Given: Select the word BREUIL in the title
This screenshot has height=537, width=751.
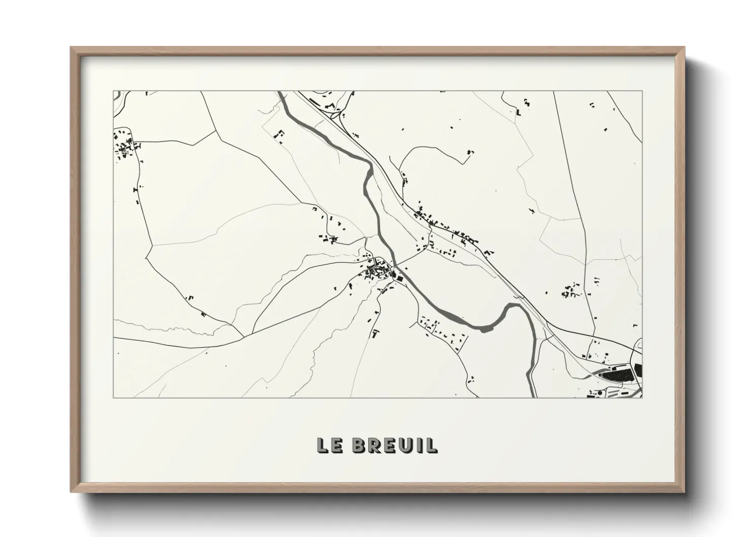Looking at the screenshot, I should point(394,445).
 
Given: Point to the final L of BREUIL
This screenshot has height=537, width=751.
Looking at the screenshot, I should point(432,445).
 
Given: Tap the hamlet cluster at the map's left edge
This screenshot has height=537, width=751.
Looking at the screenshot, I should point(124,144).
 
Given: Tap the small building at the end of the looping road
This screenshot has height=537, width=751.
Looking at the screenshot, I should point(470,152).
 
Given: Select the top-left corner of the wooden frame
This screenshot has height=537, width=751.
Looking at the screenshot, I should point(72,48).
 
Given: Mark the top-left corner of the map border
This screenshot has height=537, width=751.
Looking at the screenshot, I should point(113,91).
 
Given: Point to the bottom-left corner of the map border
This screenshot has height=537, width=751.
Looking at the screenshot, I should point(113,397).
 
